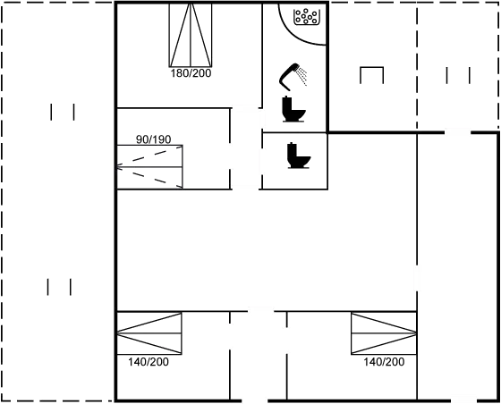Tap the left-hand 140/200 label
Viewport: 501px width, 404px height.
[x=149, y=362]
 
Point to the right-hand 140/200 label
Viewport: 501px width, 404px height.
[x=384, y=362]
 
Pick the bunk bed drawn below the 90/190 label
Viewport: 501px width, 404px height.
[x=149, y=167]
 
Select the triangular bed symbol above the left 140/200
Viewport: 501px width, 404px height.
[x=149, y=332]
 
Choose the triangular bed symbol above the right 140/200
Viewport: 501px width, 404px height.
[x=383, y=332]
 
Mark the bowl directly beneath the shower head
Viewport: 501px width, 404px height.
[x=293, y=107]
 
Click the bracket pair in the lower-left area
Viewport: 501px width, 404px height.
[x=59, y=286]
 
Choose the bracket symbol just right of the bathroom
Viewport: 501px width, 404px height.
[x=371, y=75]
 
